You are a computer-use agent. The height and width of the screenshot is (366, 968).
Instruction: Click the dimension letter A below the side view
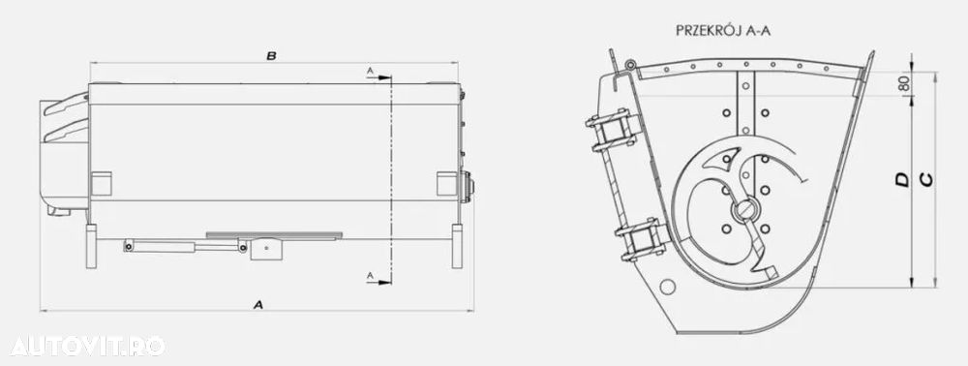[258, 304]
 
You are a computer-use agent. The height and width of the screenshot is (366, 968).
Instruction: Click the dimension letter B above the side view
[271, 56]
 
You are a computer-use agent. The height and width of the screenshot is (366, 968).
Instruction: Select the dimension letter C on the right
[926, 179]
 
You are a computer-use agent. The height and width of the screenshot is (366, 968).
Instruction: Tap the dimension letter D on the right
[902, 179]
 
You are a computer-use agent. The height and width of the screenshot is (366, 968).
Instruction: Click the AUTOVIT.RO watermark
[87, 346]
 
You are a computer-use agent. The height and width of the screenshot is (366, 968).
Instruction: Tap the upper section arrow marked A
[378, 77]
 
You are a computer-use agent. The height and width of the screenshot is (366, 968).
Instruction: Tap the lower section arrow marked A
[378, 281]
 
